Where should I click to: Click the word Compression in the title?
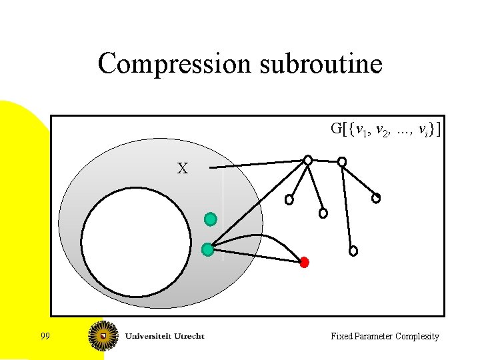[x=174, y=65]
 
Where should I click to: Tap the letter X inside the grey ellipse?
[x=182, y=169]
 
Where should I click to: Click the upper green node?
[x=211, y=219]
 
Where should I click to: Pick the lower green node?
[x=207, y=250]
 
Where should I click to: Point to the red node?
[x=304, y=262]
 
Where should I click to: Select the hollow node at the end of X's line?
[x=308, y=160]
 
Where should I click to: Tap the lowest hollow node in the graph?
[x=353, y=251]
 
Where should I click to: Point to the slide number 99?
[x=45, y=336]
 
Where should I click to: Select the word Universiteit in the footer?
[x=147, y=336]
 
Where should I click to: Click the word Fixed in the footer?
[x=341, y=337]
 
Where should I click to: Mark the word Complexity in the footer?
[x=418, y=337]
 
